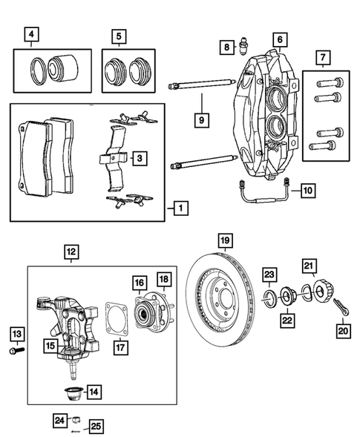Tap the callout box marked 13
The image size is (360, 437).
coord(16,332)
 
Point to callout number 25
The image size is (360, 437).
coord(94,426)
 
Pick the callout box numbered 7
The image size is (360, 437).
coord(322,57)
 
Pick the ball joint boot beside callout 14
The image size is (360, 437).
coord(74,391)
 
